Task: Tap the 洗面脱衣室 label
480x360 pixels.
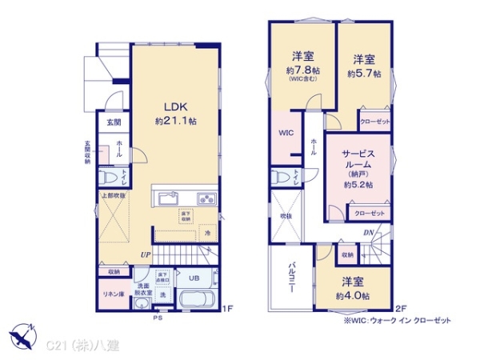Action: click(x=143, y=290)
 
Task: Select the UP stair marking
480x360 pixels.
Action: click(x=146, y=254)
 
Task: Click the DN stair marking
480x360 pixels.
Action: click(x=367, y=233)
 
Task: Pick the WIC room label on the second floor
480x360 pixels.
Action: click(x=286, y=133)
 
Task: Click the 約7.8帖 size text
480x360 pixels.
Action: click(x=302, y=70)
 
